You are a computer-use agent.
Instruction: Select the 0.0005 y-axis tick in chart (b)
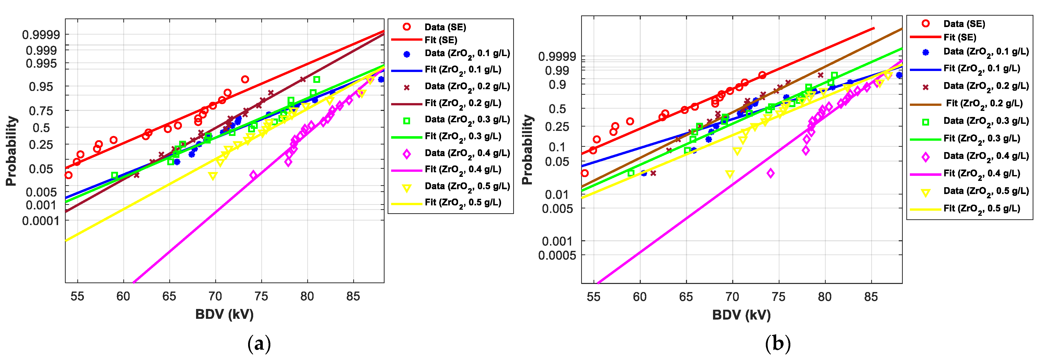(557, 255)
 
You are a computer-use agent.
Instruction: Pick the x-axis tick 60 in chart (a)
(123, 297)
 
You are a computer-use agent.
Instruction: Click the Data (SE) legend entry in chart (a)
(445, 27)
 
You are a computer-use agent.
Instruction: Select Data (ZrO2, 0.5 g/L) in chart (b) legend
(985, 191)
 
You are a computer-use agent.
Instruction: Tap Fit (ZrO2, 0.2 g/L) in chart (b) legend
(984, 104)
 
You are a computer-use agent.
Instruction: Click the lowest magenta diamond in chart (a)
(253, 175)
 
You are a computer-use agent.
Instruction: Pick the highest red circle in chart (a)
(245, 79)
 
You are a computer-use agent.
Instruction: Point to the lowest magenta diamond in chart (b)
(771, 173)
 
